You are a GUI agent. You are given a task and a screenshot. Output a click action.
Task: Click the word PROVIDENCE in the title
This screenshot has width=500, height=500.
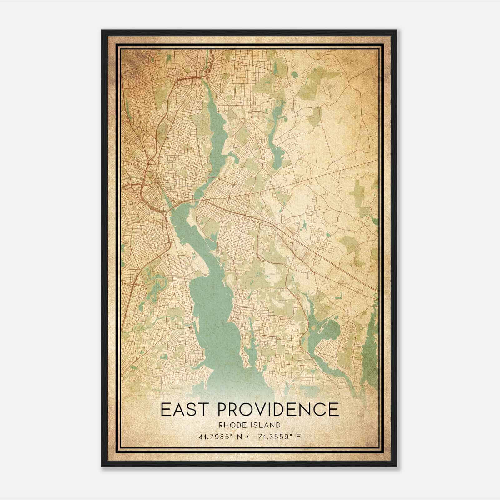click(277, 410)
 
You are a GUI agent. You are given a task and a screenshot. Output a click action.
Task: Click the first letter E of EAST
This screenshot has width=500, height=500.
click(166, 410)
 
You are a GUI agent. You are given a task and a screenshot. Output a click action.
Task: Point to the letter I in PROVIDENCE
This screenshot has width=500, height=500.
click(271, 410)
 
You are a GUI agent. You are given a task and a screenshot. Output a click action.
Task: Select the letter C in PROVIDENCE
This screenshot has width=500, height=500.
click(319, 410)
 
